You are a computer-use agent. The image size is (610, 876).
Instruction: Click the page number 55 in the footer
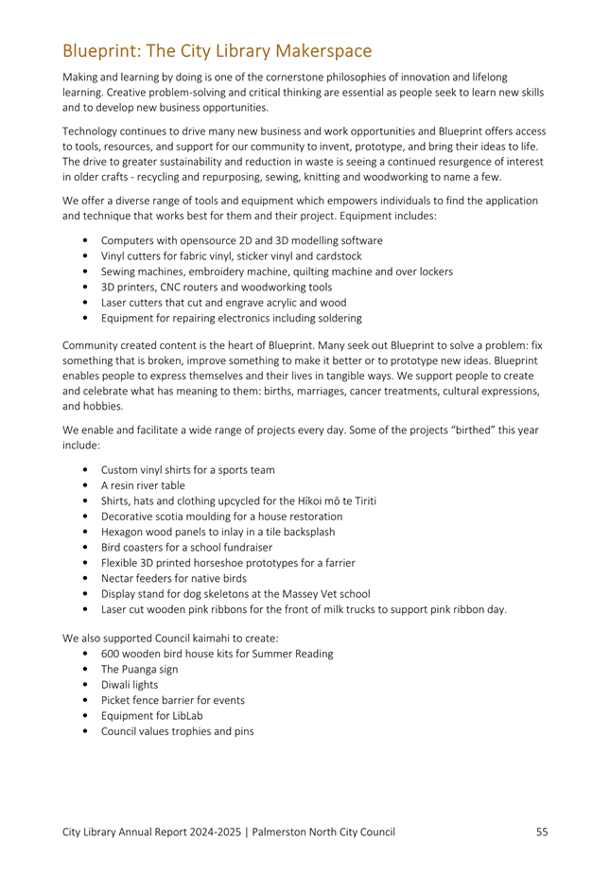[x=541, y=832]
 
